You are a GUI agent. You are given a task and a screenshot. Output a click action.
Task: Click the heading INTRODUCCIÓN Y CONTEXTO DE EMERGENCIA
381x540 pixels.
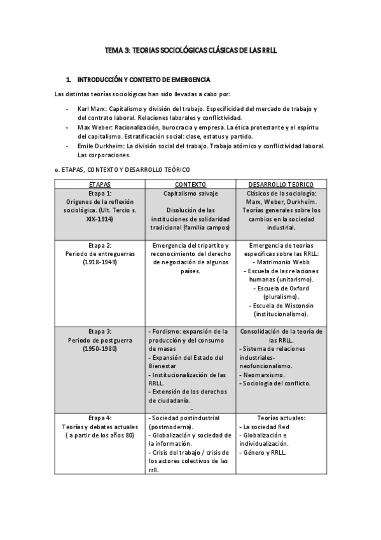[x=143, y=80]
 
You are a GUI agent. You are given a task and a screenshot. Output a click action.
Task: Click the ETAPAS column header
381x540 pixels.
[x=100, y=184]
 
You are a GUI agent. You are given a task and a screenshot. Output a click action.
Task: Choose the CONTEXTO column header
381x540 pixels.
[x=190, y=184]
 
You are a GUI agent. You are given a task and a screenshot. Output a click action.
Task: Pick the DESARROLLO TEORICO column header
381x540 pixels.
[x=281, y=184]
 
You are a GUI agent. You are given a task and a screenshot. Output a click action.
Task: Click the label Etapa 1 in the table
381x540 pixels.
[x=100, y=193]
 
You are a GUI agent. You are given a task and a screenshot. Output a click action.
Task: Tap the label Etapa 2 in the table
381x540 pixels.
[x=100, y=245]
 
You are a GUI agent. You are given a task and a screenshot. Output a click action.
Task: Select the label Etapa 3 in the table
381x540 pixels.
[x=100, y=331]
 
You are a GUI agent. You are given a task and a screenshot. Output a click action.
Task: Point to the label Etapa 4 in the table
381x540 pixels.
[x=100, y=418]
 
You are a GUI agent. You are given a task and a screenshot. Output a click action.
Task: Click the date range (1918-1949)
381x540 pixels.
[x=100, y=262]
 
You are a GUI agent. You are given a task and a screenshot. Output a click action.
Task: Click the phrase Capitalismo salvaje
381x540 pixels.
[x=190, y=193]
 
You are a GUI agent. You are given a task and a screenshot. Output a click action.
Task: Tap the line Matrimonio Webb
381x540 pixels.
[x=281, y=262]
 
